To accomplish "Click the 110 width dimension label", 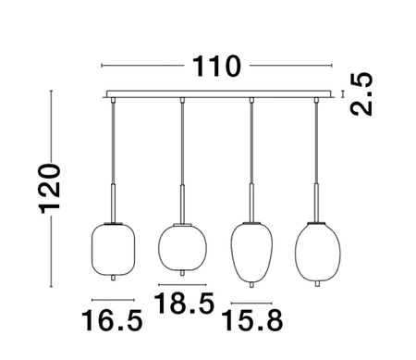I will [x=216, y=67].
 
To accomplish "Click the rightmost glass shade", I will [x=316, y=249].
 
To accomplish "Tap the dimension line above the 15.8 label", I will [x=251, y=302].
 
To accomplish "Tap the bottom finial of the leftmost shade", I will [x=114, y=277].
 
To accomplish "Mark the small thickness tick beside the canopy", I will [x=344, y=93].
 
